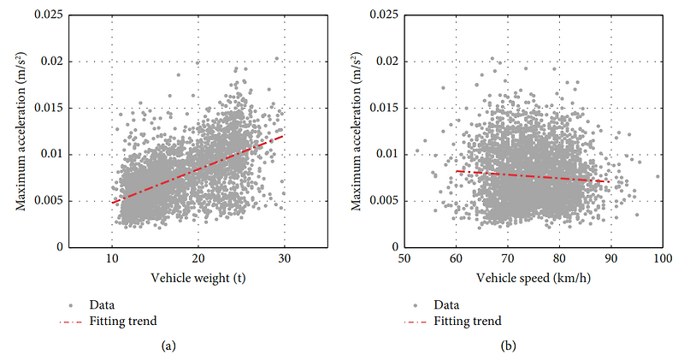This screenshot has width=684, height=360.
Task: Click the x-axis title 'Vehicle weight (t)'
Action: tap(197, 277)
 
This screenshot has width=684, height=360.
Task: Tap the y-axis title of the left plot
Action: tap(19, 131)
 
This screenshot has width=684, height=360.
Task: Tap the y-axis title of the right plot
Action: tap(357, 131)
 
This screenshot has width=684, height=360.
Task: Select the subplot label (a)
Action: tap(168, 346)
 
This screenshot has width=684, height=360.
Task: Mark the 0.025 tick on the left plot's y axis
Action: tap(50, 15)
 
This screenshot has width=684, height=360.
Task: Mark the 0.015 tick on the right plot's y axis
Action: tap(386, 108)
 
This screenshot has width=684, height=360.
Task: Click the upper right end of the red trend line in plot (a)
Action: tap(283, 135)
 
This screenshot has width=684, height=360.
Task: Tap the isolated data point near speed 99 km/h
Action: tap(657, 176)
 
